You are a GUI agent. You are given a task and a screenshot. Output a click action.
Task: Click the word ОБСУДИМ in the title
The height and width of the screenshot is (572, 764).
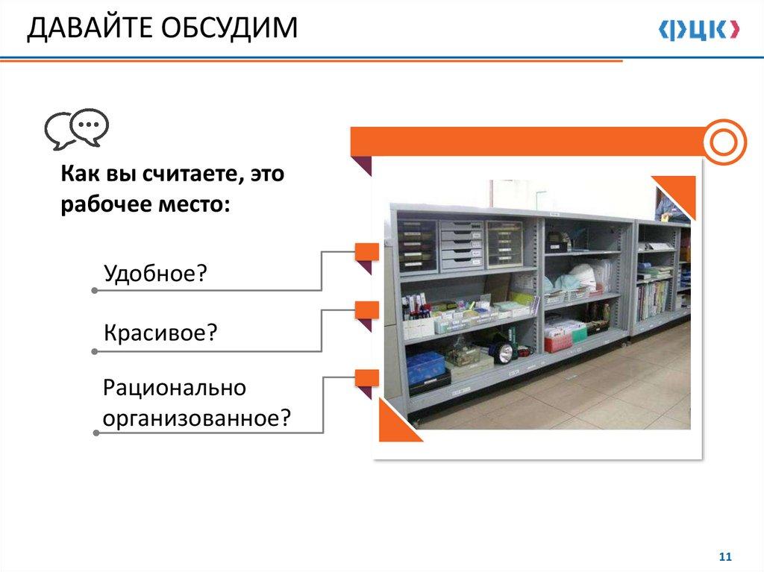[x=229, y=28]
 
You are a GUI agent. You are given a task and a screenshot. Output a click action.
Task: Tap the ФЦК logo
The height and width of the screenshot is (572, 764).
[x=699, y=29]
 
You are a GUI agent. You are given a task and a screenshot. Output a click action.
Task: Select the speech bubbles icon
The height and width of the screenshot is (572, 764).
[x=77, y=128]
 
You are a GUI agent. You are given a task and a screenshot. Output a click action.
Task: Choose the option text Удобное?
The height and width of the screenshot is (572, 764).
[x=155, y=274]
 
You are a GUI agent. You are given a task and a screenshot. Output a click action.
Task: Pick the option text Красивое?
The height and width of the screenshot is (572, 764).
[x=160, y=333]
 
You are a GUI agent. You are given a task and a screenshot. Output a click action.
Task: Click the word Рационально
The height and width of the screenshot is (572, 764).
[x=175, y=389]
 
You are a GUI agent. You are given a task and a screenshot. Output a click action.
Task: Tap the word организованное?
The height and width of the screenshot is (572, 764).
[x=197, y=418]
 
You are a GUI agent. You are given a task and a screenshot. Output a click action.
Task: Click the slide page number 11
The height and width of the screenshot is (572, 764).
[x=725, y=556]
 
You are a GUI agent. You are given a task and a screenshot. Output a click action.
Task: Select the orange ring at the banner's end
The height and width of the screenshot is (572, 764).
[x=724, y=142]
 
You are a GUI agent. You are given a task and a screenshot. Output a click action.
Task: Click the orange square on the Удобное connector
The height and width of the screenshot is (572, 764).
[x=366, y=252]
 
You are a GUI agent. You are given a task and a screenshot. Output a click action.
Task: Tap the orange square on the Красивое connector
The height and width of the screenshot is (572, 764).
[x=366, y=310]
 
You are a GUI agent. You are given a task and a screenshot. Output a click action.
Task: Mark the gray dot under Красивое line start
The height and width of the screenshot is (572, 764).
[x=95, y=351]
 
